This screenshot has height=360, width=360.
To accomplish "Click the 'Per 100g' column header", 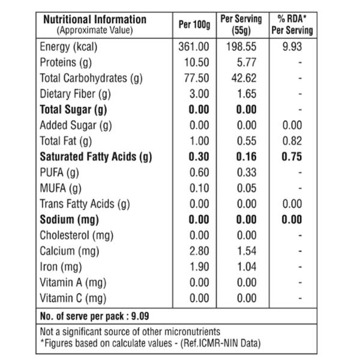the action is (x=194, y=25).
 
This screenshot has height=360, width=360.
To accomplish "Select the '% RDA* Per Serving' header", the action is (x=292, y=25).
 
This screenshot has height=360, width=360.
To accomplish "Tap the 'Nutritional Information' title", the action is (x=95, y=19).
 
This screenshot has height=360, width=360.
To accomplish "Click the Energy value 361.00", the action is (x=194, y=47).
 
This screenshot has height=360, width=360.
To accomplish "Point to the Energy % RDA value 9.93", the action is (x=292, y=47).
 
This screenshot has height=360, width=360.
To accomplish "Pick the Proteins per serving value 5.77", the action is (x=247, y=62).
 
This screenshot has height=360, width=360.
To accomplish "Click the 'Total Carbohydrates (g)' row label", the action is (x=91, y=79).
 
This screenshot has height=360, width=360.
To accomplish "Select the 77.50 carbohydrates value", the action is (x=197, y=78).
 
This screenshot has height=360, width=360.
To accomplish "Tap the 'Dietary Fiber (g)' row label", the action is (x=76, y=94).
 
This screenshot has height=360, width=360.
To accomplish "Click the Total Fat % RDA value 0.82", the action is (x=292, y=141).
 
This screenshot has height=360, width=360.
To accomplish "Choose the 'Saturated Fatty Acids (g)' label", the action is (x=96, y=157).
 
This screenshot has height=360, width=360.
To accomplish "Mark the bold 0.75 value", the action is (x=292, y=157).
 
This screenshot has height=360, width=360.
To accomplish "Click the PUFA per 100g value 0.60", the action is (x=199, y=172).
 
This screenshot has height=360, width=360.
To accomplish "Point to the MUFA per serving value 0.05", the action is (x=247, y=188).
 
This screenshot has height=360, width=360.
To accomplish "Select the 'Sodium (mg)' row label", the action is (x=70, y=220).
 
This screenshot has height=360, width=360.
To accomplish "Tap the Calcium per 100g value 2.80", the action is (x=199, y=251).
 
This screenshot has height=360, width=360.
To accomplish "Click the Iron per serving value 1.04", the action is (x=247, y=267).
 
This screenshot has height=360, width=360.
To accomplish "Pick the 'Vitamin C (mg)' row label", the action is (x=73, y=298).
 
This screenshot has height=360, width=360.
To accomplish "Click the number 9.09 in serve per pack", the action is (x=140, y=316).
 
